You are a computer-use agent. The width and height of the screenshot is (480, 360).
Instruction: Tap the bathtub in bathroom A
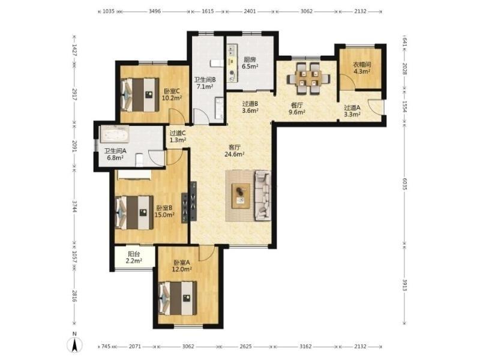(x=115, y=134)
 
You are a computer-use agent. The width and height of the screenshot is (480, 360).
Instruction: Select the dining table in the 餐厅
(x=308, y=79)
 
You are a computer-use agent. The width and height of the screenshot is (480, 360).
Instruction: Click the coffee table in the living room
(x=241, y=196)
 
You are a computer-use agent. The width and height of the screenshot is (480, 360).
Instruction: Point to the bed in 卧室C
(x=140, y=95)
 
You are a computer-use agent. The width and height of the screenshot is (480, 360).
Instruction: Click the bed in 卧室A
(x=178, y=298)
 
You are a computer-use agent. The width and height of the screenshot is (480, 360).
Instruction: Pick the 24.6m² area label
(x=234, y=154)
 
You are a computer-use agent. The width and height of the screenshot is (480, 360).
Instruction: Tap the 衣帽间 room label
(x=362, y=65)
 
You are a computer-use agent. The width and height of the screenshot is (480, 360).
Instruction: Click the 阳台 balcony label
(x=134, y=254)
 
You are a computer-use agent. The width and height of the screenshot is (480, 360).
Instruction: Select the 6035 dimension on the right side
(x=404, y=184)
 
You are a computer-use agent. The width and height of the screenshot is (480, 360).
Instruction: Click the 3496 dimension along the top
(x=155, y=11)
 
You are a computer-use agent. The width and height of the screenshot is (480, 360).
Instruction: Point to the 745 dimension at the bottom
(x=106, y=346)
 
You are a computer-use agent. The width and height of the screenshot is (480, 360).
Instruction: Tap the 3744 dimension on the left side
(x=74, y=206)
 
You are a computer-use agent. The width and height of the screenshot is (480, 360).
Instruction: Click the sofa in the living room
(x=263, y=196)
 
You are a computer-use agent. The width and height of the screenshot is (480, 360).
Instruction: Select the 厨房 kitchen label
(x=250, y=59)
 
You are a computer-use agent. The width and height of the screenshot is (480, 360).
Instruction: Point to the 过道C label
(x=178, y=133)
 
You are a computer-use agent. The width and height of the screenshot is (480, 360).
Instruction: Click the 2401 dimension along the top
(x=250, y=11)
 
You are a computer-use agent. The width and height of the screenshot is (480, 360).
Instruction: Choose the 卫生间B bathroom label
(x=205, y=80)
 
